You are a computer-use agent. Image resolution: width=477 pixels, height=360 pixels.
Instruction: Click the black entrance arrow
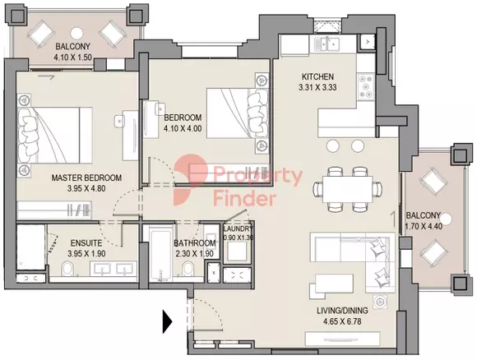click(167, 321)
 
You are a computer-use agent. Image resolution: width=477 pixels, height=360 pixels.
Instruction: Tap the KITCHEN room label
click(317, 76)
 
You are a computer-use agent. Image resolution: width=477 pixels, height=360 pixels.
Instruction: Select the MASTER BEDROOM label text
click(86, 178)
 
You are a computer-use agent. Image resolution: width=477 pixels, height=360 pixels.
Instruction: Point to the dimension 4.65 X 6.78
click(342, 321)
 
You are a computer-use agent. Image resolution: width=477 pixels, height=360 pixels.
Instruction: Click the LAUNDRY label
click(238, 228)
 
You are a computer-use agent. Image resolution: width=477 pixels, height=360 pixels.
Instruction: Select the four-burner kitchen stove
click(366, 87)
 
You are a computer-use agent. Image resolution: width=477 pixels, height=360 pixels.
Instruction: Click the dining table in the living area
click(348, 189)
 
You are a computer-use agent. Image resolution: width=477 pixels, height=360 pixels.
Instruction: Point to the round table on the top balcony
click(76, 33)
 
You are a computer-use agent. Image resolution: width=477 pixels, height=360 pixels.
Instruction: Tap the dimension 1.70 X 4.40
click(424, 226)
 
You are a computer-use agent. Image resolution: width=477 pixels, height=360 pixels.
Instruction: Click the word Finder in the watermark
click(244, 199)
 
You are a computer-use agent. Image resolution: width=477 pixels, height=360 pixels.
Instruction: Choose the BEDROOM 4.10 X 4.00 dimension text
click(183, 128)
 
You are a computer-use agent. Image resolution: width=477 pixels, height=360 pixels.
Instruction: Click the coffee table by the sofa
click(335, 284)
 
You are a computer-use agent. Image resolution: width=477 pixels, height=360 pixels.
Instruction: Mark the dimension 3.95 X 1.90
click(86, 253)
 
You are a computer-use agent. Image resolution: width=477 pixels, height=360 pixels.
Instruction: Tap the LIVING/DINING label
click(342, 311)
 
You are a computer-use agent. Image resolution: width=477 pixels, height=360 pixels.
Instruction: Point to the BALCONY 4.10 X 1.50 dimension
click(72, 57)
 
